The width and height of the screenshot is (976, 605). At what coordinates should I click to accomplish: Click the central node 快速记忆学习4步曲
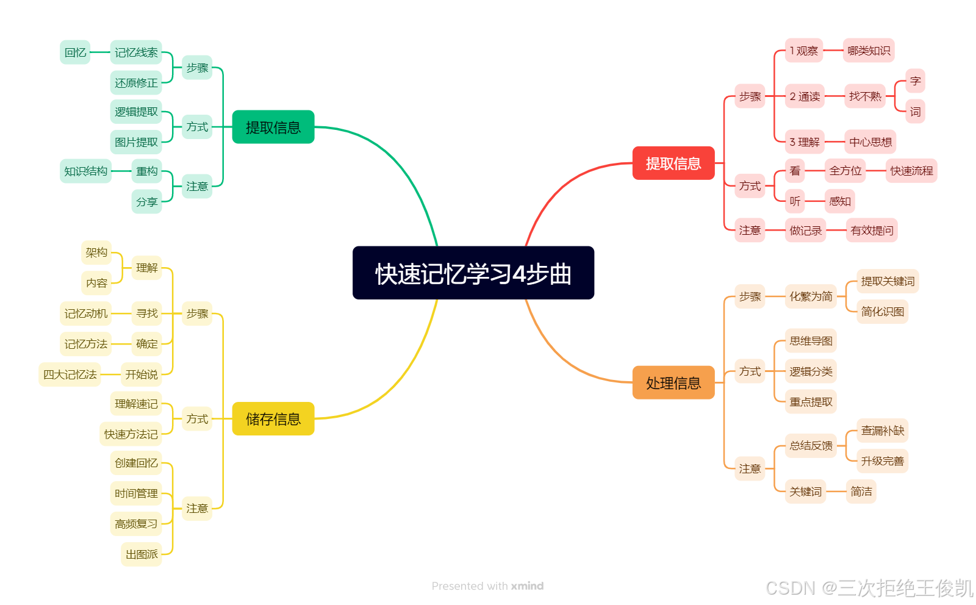click(x=473, y=273)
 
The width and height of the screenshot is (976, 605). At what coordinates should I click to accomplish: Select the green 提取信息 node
click(x=273, y=127)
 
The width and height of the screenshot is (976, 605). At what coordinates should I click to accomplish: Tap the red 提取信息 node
click(x=673, y=163)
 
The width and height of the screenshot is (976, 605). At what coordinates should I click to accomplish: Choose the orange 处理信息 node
click(x=673, y=383)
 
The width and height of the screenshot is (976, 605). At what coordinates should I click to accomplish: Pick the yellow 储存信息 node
click(x=273, y=419)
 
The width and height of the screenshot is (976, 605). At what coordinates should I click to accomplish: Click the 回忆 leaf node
click(x=75, y=52)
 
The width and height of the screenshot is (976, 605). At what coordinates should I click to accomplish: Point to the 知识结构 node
click(x=85, y=171)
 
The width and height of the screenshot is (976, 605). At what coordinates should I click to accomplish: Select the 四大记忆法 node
click(x=70, y=374)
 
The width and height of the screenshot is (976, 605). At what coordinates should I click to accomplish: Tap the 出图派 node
click(x=142, y=554)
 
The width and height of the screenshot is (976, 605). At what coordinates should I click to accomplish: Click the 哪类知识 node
click(x=869, y=51)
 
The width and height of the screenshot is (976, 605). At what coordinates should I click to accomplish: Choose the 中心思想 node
click(x=870, y=142)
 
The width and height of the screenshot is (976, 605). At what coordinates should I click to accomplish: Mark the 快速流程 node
click(x=911, y=171)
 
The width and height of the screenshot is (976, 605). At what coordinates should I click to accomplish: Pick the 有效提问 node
click(x=872, y=231)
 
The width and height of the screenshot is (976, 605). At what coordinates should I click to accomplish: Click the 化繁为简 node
click(x=811, y=296)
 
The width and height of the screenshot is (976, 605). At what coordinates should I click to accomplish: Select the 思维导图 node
click(x=811, y=341)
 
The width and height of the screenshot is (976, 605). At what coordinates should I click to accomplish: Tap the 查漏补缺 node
click(x=882, y=431)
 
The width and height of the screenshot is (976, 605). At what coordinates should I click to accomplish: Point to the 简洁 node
click(x=861, y=492)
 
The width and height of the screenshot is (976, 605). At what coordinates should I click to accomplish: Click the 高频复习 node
click(x=136, y=524)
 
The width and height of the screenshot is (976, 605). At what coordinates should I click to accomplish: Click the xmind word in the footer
click(x=527, y=586)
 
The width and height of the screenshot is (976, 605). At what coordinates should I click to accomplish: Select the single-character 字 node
click(x=915, y=81)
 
